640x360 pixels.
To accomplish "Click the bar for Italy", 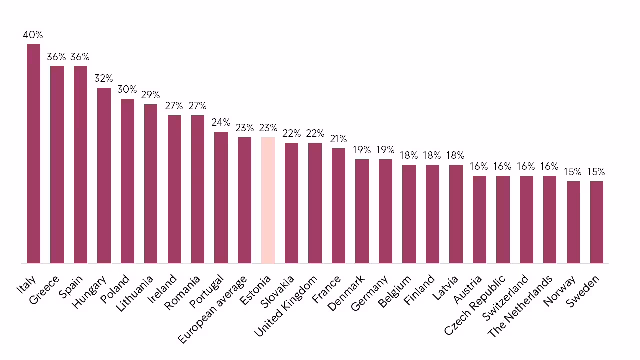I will (x=33, y=153).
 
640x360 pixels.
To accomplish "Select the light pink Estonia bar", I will (x=268, y=200).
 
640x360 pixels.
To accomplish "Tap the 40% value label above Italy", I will (x=33, y=35).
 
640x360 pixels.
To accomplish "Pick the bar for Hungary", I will (x=104, y=175).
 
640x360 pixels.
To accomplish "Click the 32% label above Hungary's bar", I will (x=104, y=79).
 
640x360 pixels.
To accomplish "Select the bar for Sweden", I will (x=597, y=222).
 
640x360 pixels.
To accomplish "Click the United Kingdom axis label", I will (x=286, y=305).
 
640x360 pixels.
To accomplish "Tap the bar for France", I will (x=338, y=205).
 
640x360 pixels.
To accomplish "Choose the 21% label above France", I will (x=338, y=139).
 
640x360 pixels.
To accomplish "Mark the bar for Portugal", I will (x=221, y=197).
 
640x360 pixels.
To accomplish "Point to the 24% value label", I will (x=221, y=123).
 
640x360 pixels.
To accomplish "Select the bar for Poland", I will (x=127, y=181).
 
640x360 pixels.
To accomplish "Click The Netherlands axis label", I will (x=521, y=306).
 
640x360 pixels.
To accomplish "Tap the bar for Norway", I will (x=573, y=222).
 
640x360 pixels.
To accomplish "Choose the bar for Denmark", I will (x=362, y=211).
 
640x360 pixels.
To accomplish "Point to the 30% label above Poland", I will (x=127, y=90).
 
